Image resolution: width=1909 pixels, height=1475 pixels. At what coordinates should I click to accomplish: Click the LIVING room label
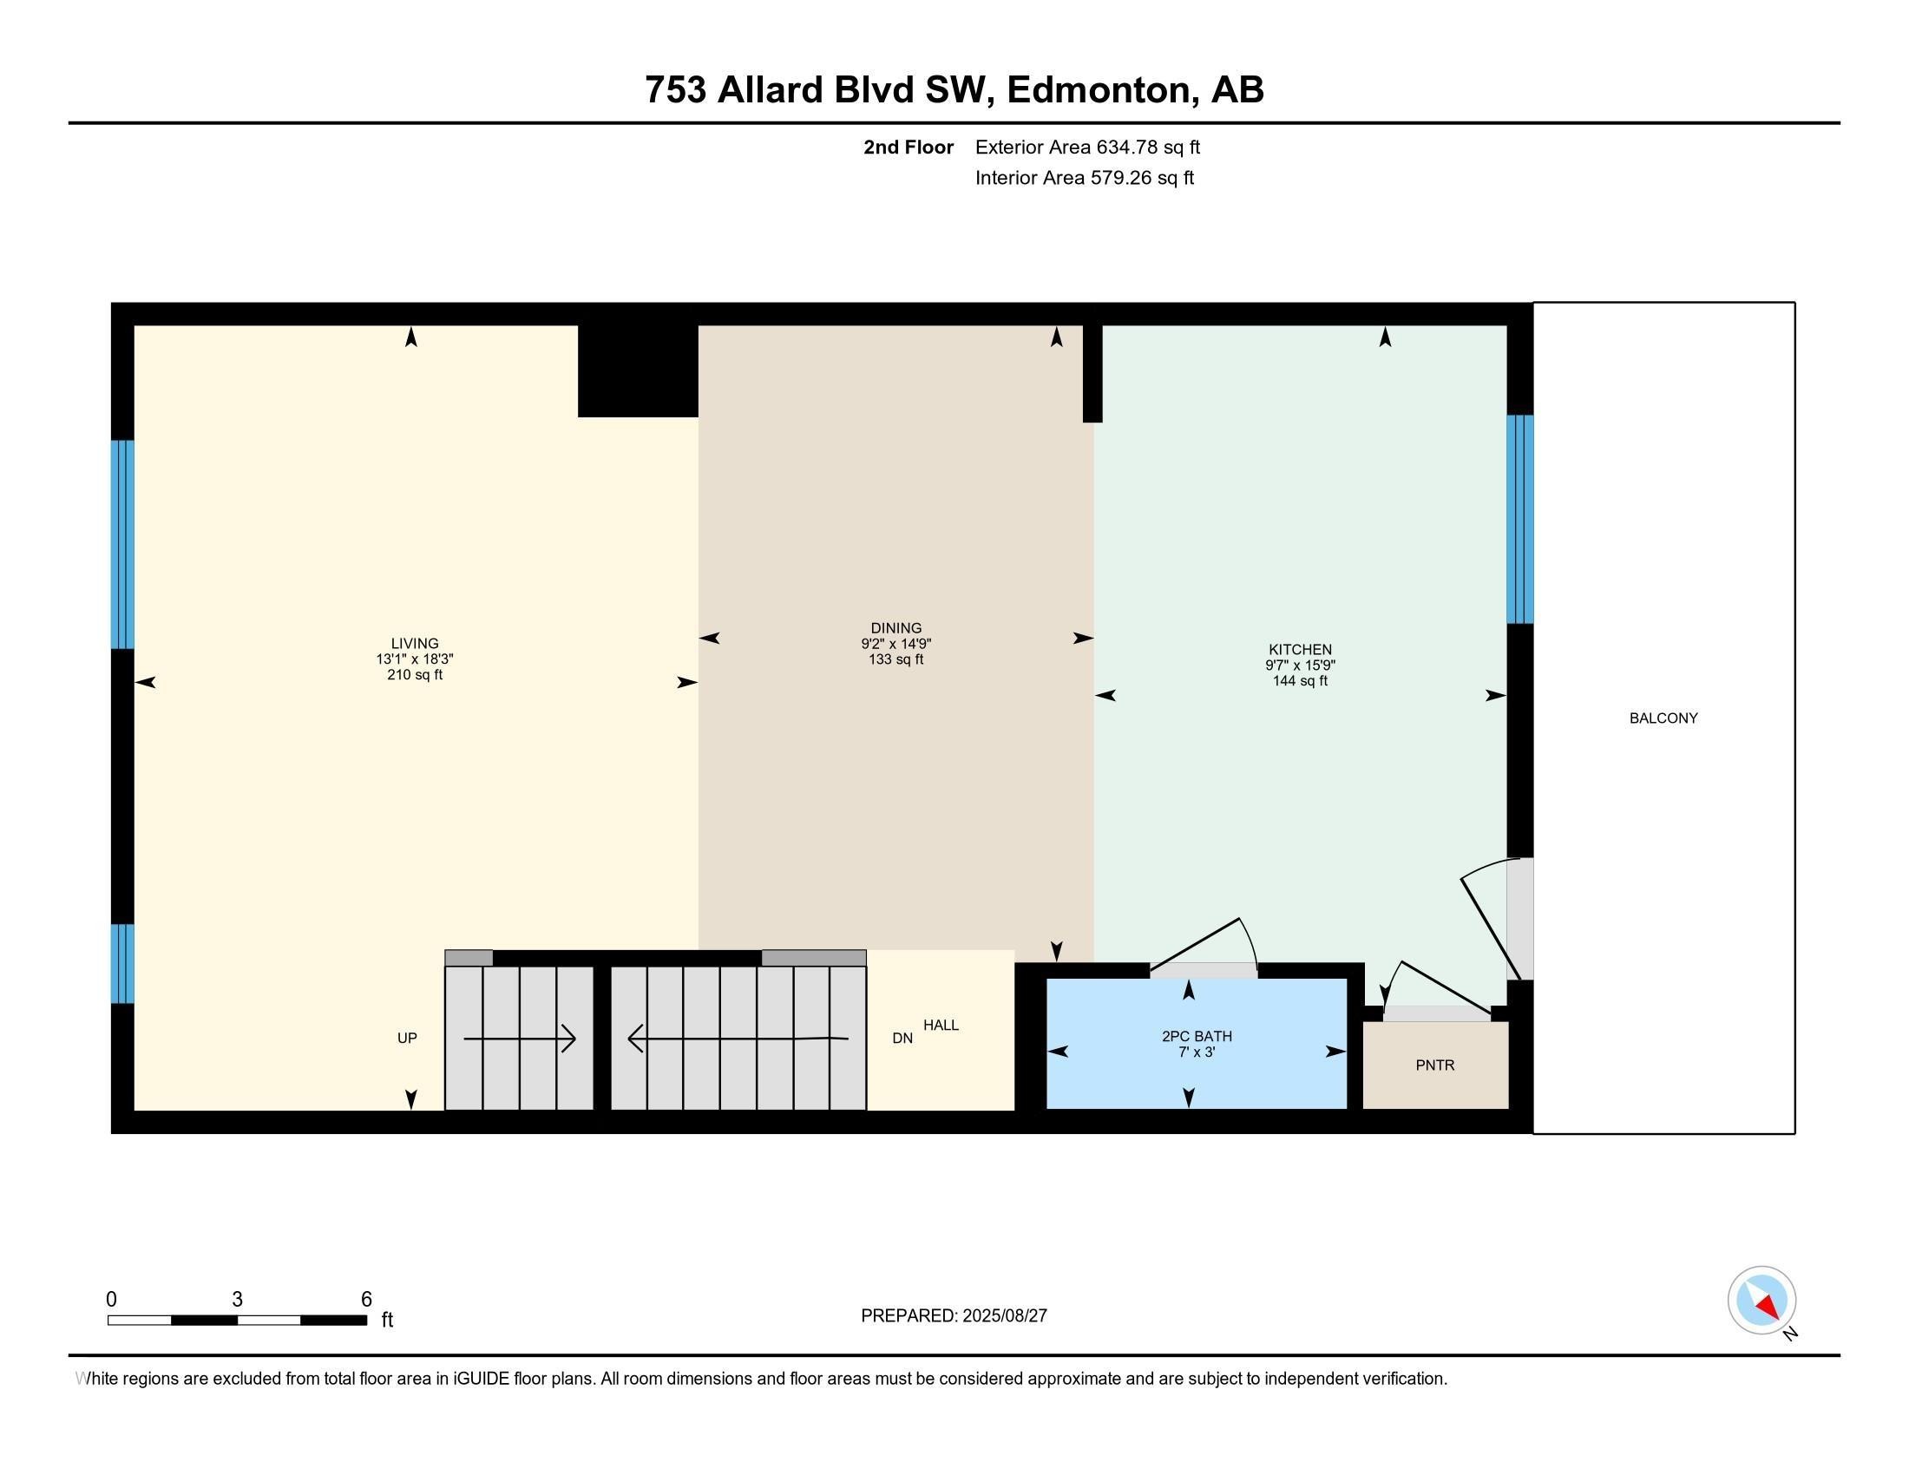click(x=414, y=644)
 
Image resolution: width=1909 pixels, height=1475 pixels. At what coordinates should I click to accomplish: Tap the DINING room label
click(x=896, y=628)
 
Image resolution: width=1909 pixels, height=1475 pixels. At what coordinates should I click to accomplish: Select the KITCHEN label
click(x=1300, y=650)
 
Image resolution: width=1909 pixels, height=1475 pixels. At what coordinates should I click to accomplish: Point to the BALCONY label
click(x=1663, y=718)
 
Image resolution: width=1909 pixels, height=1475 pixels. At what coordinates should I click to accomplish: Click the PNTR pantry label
click(x=1435, y=1065)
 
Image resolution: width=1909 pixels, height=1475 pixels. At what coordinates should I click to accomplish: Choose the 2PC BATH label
click(x=1197, y=1036)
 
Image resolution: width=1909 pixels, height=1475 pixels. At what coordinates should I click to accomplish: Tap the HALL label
click(x=941, y=1025)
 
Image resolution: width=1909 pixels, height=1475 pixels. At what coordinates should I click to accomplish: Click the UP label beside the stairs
click(x=407, y=1038)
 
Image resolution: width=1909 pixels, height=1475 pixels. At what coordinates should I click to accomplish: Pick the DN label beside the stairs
click(x=903, y=1038)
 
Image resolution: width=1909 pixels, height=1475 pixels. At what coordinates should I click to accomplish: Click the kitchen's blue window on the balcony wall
click(x=1520, y=519)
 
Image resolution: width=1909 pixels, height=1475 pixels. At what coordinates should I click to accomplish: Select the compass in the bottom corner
click(x=1761, y=1301)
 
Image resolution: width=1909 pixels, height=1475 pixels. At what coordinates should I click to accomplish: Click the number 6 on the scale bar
click(x=366, y=1300)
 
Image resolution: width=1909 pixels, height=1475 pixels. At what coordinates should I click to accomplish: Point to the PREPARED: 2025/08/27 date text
click(x=954, y=1316)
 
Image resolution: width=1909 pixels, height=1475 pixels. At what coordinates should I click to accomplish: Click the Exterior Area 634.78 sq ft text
click(x=1087, y=147)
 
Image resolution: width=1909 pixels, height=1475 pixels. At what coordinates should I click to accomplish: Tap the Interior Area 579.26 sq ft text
click(x=1085, y=178)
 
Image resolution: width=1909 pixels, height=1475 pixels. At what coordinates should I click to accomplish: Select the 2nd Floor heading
click(x=909, y=147)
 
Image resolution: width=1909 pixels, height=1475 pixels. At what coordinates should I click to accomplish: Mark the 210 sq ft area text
click(x=415, y=674)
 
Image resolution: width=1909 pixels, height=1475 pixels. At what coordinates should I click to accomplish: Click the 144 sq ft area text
click(x=1300, y=681)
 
